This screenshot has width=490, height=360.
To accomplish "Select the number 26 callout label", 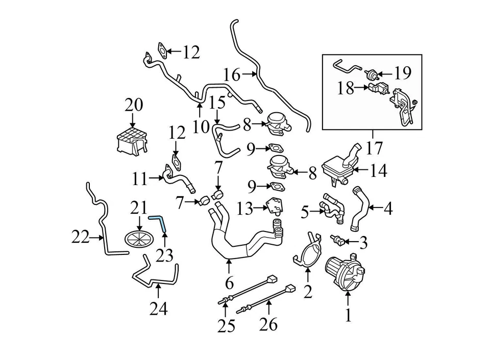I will click(x=269, y=324).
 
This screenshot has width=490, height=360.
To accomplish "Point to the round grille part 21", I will click(x=139, y=238).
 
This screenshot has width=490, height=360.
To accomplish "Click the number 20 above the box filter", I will click(x=134, y=106).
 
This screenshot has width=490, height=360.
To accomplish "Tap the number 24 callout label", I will click(x=158, y=308).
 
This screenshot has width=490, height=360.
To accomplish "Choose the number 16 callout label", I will click(x=231, y=74).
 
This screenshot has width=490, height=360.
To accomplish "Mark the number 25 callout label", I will click(x=226, y=325).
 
